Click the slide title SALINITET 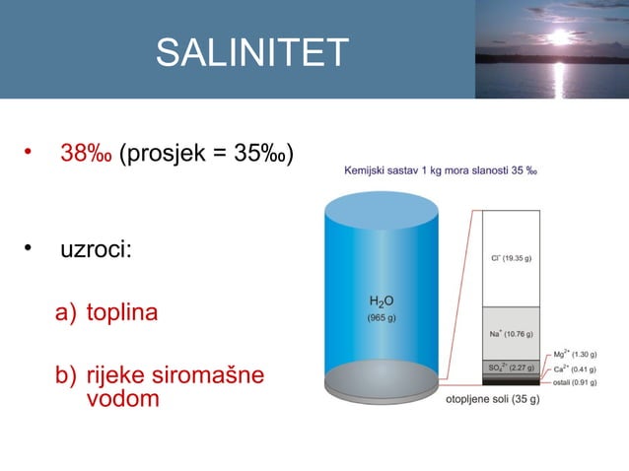click(x=252, y=53)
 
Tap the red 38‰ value click(x=86, y=155)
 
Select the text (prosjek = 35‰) click(x=205, y=155)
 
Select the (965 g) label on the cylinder click(x=382, y=317)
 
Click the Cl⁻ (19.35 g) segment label click(x=511, y=259)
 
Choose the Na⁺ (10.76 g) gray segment click(x=511, y=333)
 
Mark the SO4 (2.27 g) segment click(x=511, y=368)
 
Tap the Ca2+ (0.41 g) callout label click(x=576, y=369)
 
